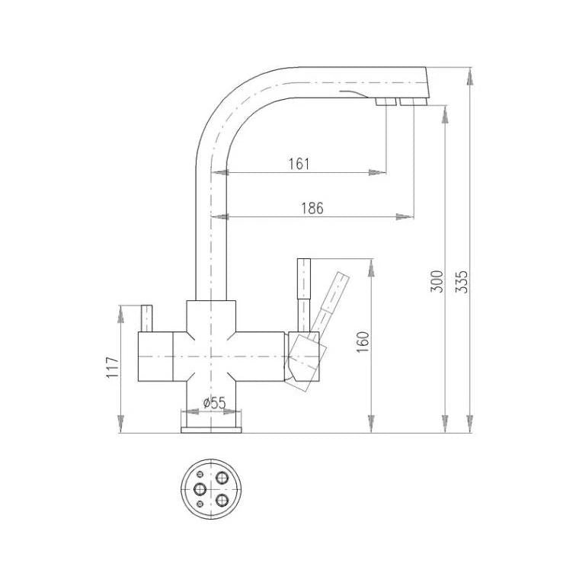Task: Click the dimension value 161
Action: pos(299,164)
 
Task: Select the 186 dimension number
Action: pos(312,208)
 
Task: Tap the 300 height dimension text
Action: pos(437,282)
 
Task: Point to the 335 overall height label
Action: pos(462,282)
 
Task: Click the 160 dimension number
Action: pos(363,342)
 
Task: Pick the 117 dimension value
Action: pos(113,367)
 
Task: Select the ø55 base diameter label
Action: pos(214,403)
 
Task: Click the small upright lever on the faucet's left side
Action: pos(146,318)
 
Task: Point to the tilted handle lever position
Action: pos(330,302)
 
